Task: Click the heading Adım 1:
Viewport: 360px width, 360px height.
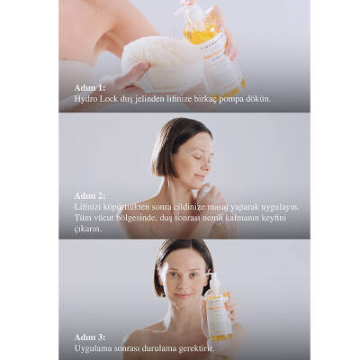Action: click(x=90, y=88)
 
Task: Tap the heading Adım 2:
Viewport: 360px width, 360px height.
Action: click(x=90, y=196)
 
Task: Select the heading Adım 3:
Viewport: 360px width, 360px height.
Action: click(x=90, y=337)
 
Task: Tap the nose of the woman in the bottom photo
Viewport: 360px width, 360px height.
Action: click(x=182, y=283)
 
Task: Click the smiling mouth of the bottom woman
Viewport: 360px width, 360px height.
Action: click(x=183, y=294)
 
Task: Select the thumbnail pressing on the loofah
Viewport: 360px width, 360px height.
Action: click(x=143, y=67)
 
